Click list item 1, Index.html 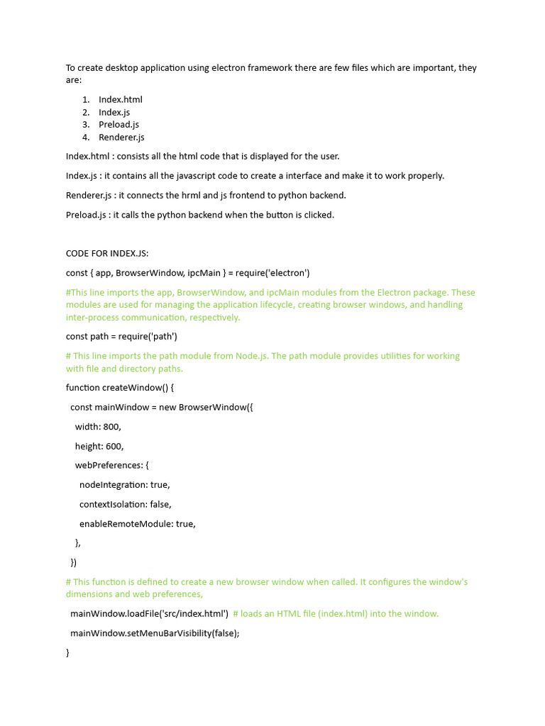(120, 99)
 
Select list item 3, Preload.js (119, 125)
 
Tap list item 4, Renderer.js (121, 138)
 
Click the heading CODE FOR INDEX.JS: (107, 253)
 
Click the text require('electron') (274, 273)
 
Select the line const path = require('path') (121, 337)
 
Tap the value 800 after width (111, 427)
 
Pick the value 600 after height (114, 446)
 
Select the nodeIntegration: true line (124, 485)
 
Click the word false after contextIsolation (160, 504)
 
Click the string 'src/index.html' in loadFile (195, 614)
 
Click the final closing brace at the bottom (68, 652)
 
